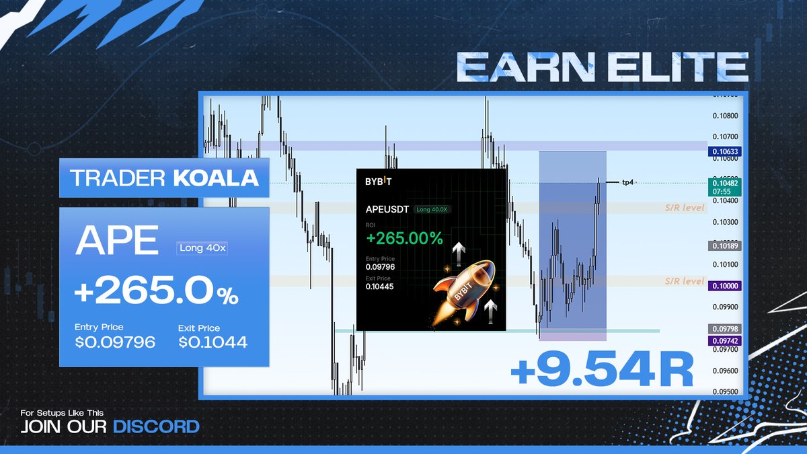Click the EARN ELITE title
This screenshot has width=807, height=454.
click(x=602, y=69)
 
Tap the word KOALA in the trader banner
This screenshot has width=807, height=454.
click(x=216, y=178)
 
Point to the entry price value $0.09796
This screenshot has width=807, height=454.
click(x=115, y=342)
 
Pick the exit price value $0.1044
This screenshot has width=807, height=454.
click(x=213, y=342)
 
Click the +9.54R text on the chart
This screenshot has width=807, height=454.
click(x=601, y=371)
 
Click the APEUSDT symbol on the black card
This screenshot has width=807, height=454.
click(x=388, y=209)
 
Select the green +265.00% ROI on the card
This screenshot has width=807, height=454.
click(x=403, y=237)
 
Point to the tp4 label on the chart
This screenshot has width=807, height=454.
click(x=627, y=182)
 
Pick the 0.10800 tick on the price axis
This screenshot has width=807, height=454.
click(x=725, y=116)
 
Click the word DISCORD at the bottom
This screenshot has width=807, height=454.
click(x=156, y=426)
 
